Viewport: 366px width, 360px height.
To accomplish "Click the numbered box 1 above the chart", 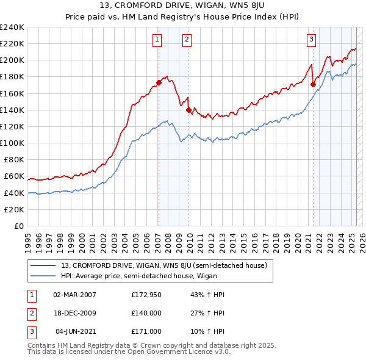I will tap(157, 40).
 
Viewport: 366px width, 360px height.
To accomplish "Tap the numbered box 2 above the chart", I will tap(187, 40).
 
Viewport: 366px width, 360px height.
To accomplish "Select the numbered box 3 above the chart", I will tap(311, 40).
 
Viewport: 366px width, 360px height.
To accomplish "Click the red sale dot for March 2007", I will tap(159, 82).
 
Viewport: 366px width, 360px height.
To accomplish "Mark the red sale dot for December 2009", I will tap(188, 110).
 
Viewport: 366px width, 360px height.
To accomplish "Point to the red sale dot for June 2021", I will tap(313, 84).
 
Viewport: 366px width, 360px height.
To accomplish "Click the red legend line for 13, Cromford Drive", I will tap(43, 265).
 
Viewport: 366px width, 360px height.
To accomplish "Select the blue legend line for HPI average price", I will tap(43, 275).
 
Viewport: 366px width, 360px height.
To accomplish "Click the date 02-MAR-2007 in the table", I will tap(74, 295).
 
